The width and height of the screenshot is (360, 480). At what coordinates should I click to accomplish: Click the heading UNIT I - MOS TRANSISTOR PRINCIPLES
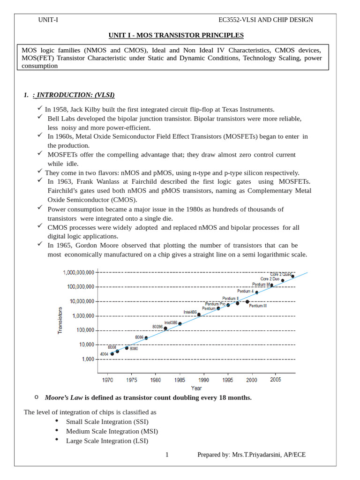coord(176,35)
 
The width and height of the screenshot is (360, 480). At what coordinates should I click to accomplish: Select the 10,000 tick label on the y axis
coord(85,345)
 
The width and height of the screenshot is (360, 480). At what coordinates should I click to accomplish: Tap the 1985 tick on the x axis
coord(180,380)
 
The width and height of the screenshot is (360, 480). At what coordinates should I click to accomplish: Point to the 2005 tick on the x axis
coord(276,380)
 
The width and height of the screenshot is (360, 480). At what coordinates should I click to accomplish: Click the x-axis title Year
coord(196,388)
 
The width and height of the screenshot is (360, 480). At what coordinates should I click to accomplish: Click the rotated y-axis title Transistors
coord(60,320)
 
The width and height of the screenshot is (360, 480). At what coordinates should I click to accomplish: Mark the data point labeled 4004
coord(112,353)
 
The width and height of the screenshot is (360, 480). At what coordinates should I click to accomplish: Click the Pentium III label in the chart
coord(258,306)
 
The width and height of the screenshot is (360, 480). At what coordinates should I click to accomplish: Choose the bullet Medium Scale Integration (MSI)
coord(112,431)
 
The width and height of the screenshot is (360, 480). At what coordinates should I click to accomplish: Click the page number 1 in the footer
coord(167,455)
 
